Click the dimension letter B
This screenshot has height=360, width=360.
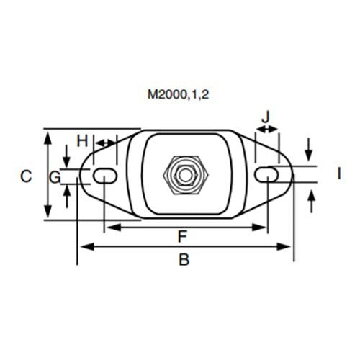[x=184, y=261]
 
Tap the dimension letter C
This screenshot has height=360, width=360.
[x=26, y=176]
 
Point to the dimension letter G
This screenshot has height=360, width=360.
[x=55, y=176]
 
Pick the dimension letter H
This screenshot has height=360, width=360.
[x=82, y=138]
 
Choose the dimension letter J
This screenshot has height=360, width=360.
[x=266, y=115]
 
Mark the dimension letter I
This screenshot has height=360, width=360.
[x=337, y=173]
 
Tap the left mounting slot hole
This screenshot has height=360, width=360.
[x=104, y=174]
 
